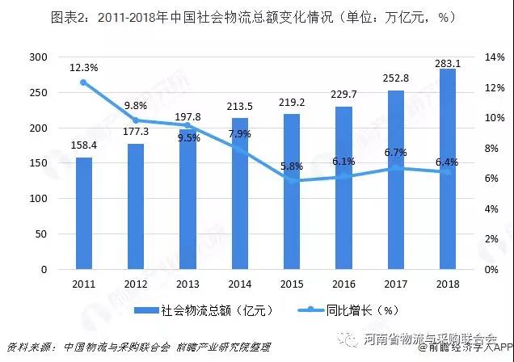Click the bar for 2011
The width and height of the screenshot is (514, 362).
[x=84, y=213]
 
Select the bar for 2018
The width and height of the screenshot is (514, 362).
[x=447, y=169]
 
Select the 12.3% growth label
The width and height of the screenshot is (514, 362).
[x=84, y=66]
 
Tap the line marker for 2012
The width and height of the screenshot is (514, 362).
[x=136, y=120]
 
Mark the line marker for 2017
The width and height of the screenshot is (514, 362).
[x=395, y=167]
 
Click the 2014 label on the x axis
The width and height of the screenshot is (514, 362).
[x=239, y=284]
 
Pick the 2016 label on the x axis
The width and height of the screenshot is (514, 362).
[x=343, y=284]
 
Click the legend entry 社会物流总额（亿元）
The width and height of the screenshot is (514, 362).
[x=197, y=309]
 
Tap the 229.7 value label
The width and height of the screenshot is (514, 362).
[x=343, y=95]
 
